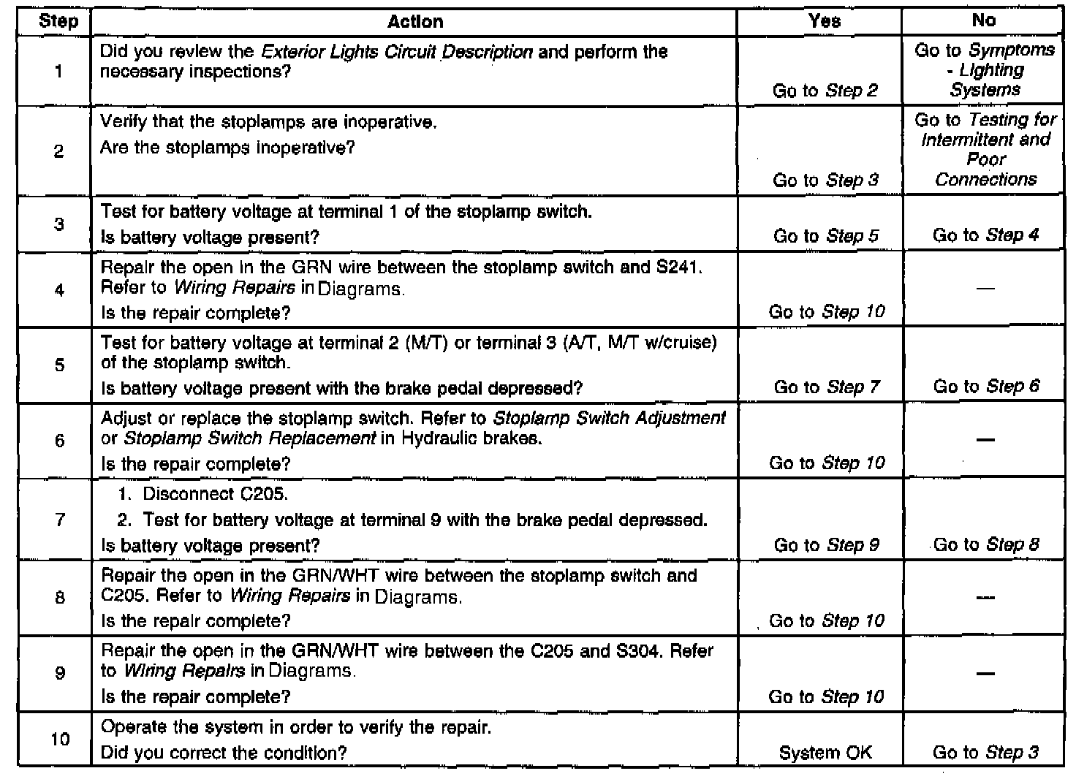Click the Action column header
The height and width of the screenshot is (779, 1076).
(x=414, y=22)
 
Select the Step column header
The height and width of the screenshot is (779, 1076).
(x=58, y=21)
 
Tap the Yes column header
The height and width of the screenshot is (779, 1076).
(x=824, y=21)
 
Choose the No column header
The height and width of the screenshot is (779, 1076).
(x=983, y=20)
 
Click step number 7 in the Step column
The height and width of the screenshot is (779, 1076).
(x=59, y=520)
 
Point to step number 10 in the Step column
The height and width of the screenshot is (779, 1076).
(x=60, y=739)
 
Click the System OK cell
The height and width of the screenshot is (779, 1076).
(x=825, y=753)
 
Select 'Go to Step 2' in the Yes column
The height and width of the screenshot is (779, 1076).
(x=825, y=91)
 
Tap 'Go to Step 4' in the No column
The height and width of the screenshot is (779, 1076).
(x=985, y=235)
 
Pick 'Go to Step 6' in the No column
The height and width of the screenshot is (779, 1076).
(x=985, y=387)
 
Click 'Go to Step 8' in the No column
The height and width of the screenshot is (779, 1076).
(x=985, y=544)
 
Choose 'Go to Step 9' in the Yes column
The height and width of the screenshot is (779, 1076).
(x=826, y=545)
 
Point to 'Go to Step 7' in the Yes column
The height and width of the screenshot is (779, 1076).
(x=826, y=387)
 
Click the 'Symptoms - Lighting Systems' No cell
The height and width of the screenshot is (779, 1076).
(x=985, y=70)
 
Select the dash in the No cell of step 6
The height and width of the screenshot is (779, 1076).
(x=985, y=440)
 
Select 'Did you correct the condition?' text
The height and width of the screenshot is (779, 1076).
(x=223, y=753)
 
